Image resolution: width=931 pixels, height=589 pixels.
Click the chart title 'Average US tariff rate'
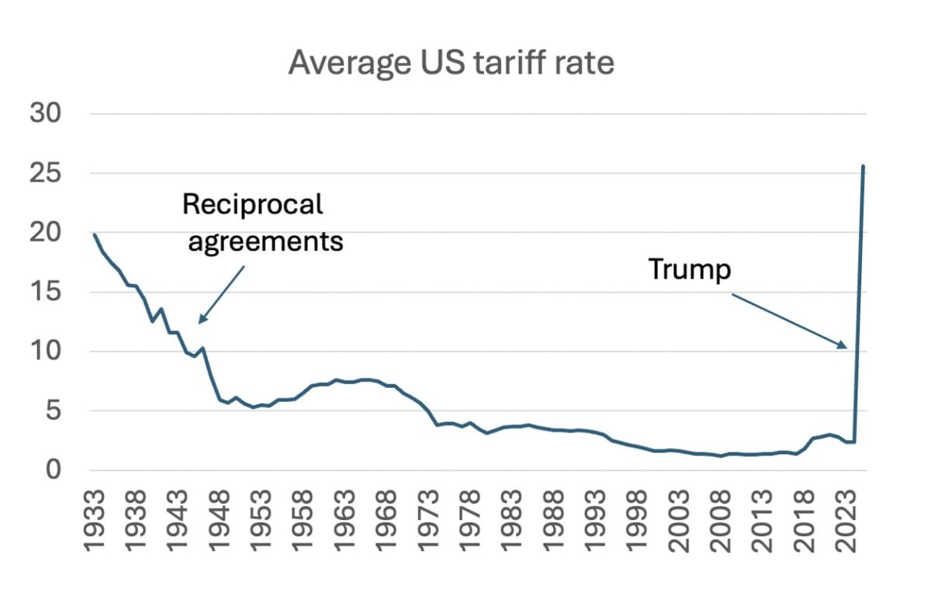(x=451, y=62)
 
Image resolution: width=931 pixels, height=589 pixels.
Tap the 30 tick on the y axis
(x=46, y=114)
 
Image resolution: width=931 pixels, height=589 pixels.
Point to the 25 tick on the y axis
(x=46, y=174)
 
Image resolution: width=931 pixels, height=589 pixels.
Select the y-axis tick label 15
(x=46, y=293)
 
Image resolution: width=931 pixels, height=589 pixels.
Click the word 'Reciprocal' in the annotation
(x=251, y=205)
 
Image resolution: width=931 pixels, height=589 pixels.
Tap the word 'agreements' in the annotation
(x=265, y=241)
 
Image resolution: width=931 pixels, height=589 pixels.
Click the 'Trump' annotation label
(x=689, y=270)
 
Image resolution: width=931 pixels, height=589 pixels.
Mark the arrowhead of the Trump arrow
(x=845, y=347)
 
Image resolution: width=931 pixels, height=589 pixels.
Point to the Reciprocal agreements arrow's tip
(x=200, y=321)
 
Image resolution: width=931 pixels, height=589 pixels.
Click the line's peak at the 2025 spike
(x=863, y=166)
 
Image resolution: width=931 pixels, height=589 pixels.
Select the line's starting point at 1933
(x=93, y=233)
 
